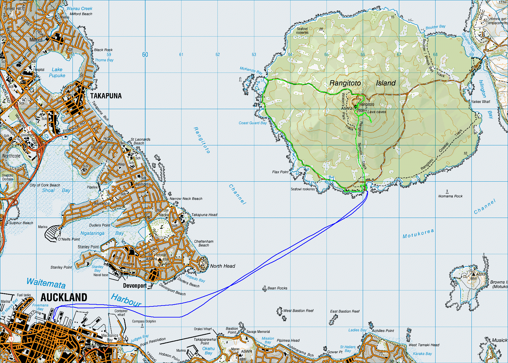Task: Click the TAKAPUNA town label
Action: (106, 96)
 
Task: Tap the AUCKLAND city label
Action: (64, 298)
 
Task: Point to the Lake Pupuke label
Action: (57, 73)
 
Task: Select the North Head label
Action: (223, 266)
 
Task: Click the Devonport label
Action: (135, 286)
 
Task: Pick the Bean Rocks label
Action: (277, 288)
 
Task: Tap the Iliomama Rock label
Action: (450, 196)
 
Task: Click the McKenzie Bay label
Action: (251, 70)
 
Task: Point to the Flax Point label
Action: (280, 172)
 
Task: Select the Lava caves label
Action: (377, 112)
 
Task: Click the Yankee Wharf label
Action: (481, 102)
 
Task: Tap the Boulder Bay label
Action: (436, 27)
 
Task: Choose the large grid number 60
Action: (145, 55)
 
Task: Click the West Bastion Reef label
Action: (298, 311)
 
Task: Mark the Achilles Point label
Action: (383, 331)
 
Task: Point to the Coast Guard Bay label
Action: (253, 123)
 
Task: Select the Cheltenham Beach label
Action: (204, 243)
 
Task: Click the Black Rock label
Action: (103, 50)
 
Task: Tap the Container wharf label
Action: (121, 313)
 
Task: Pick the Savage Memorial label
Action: (258, 332)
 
